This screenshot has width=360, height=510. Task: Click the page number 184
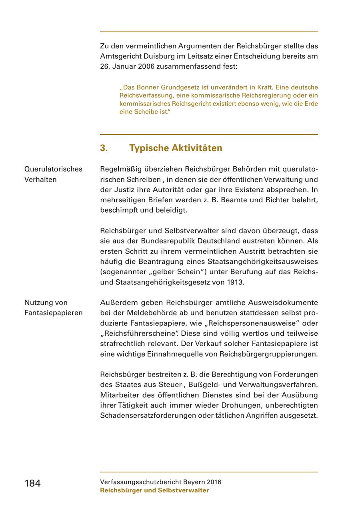click(32, 483)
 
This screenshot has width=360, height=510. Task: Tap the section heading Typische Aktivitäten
click(176, 148)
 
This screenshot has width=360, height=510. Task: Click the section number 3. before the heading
click(104, 148)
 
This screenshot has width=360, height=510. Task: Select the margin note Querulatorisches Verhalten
click(53, 174)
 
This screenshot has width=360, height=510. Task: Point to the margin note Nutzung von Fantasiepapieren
click(53, 307)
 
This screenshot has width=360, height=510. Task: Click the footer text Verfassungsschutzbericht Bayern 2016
click(160, 482)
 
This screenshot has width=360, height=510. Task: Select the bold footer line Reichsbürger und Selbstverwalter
click(154, 490)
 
